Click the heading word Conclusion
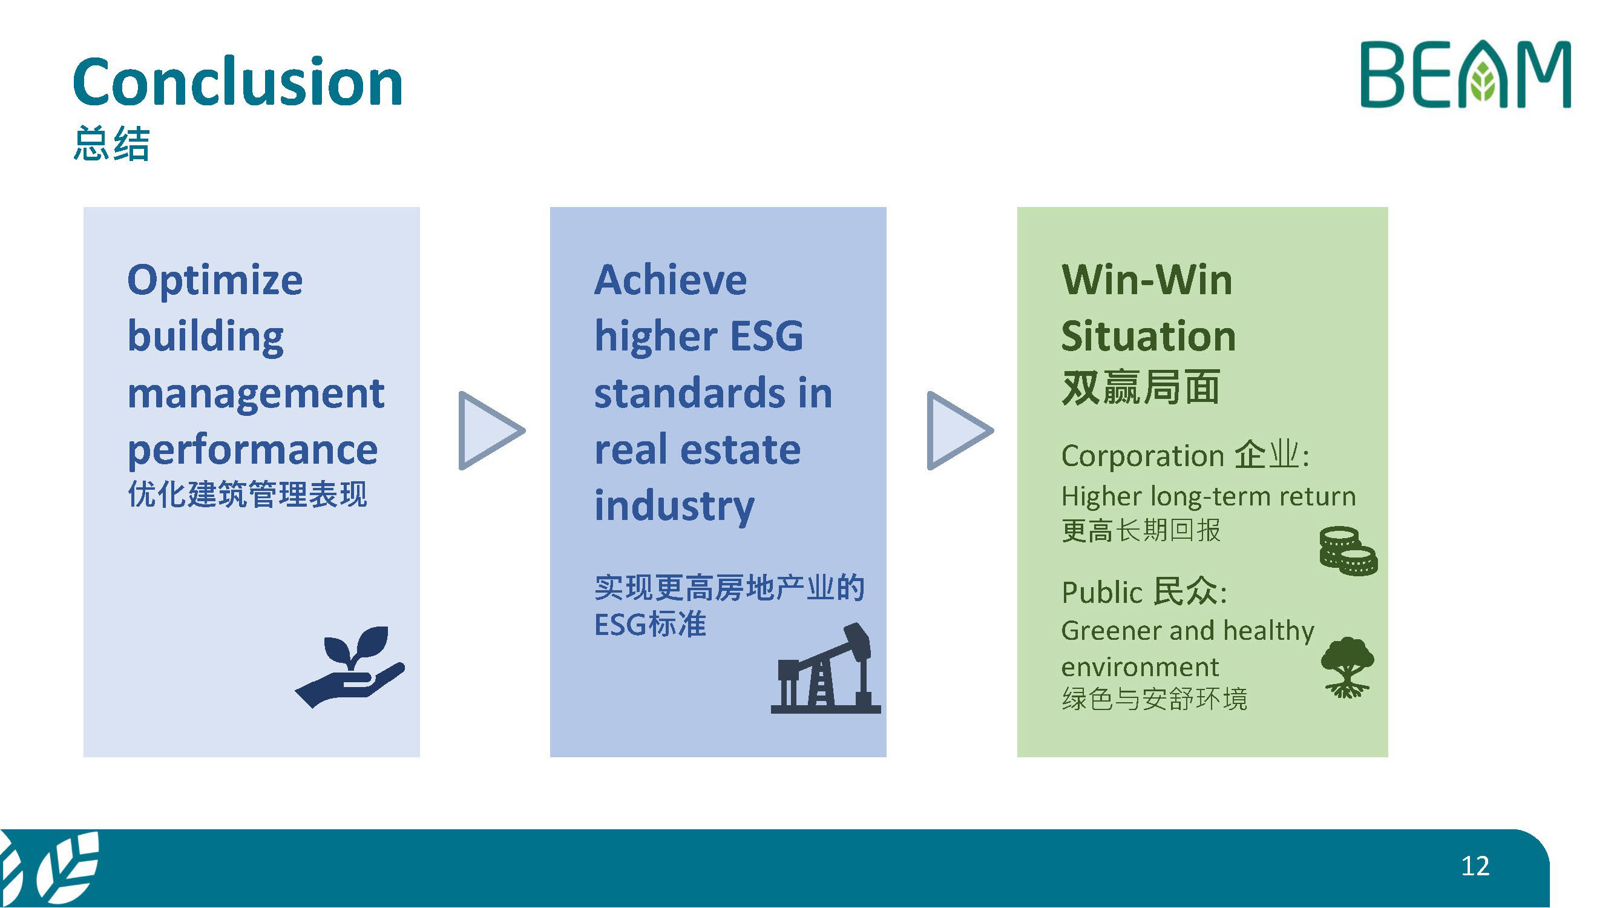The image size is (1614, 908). (237, 82)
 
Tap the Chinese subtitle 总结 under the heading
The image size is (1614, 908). (111, 143)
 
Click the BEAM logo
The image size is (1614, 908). (1466, 74)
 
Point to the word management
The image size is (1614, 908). (255, 394)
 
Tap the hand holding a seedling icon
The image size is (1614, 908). (350, 666)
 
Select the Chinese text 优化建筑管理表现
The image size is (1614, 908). (248, 494)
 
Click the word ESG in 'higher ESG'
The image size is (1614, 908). (767, 336)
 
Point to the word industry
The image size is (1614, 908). (674, 506)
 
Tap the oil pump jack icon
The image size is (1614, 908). (826, 668)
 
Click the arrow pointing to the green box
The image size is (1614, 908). (960, 430)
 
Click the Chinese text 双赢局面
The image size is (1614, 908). (1141, 387)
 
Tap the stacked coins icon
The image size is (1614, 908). (1348, 551)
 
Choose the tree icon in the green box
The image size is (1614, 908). (1348, 666)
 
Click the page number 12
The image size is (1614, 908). (1475, 866)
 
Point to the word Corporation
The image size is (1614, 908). (1143, 456)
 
